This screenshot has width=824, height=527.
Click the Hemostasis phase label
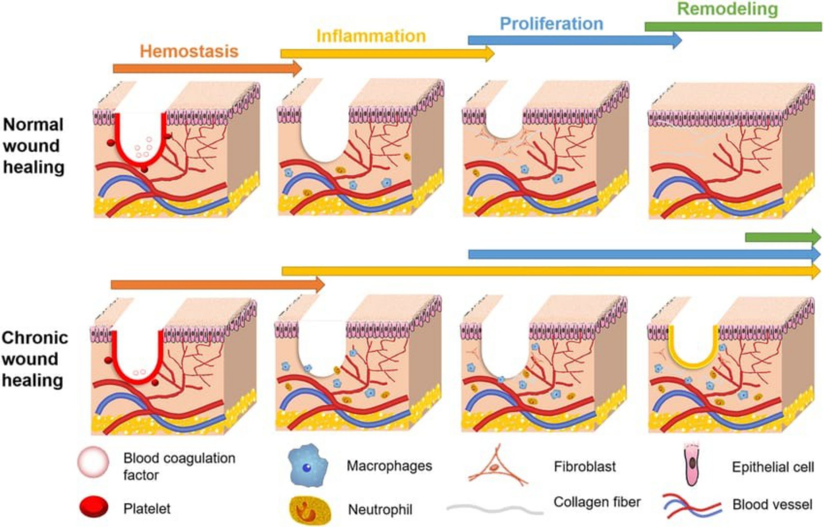pos(189,51)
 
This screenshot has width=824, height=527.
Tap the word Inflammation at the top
pos(371,36)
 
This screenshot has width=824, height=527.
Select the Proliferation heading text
pos(551,24)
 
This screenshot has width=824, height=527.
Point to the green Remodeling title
pos(727,9)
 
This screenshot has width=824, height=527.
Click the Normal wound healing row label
pos(33,146)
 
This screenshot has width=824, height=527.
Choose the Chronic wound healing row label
pos(34,359)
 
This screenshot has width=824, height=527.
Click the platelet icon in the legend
pos(94,507)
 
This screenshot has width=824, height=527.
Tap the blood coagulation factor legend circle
pos(93,462)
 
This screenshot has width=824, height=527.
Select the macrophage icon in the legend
pos(308,466)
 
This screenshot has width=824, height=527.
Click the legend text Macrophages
pos(389,466)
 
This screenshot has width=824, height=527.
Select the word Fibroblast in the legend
pos(585,466)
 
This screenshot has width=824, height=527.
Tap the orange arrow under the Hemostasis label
pos(207,69)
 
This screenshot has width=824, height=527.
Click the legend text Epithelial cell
pos(773,467)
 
